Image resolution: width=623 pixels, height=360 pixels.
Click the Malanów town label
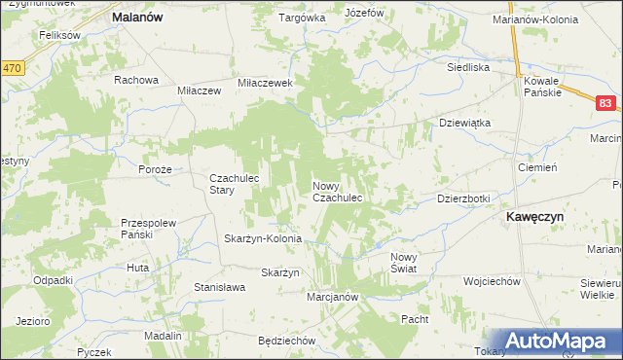click(x=136, y=18)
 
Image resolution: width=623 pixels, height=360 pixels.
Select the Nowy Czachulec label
click(x=338, y=191)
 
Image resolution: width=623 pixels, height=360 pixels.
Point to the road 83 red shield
click(x=605, y=102)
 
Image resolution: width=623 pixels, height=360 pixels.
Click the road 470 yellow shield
click(x=12, y=68)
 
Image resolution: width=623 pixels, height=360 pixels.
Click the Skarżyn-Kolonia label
click(x=263, y=238)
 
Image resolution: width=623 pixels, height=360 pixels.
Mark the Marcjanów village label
click(x=334, y=297)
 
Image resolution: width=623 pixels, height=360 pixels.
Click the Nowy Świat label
click(x=403, y=262)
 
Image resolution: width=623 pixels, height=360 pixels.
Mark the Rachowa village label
click(x=135, y=80)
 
